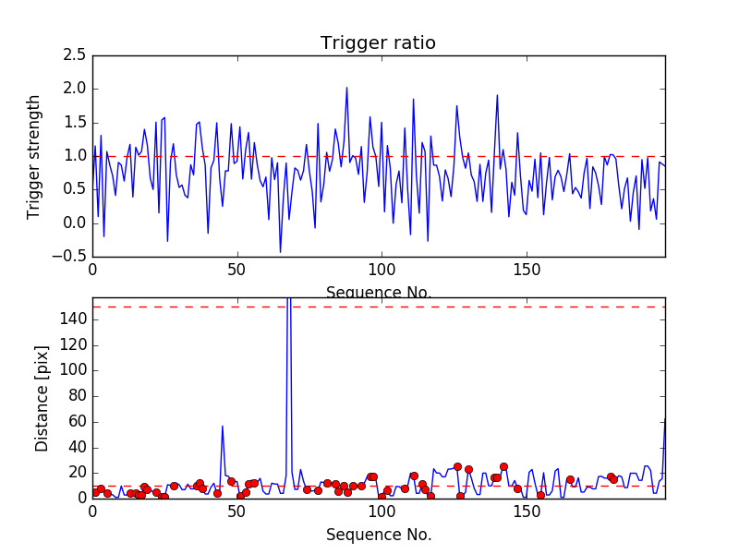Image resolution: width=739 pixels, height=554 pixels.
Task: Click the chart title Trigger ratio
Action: coord(378,43)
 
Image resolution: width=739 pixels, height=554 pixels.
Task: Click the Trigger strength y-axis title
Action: coord(34,156)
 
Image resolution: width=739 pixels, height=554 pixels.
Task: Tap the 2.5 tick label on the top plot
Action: coord(74,56)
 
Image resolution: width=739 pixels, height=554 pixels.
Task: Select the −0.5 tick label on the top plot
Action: coord(70,257)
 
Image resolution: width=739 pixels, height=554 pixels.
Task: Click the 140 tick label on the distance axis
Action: coord(72,319)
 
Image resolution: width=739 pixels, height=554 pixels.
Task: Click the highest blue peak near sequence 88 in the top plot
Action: coord(346,88)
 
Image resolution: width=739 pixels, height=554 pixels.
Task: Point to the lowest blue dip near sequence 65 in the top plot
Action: coord(280,251)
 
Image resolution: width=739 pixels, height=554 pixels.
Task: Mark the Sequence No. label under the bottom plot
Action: coord(378,535)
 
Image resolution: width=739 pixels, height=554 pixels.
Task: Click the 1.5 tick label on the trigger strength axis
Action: coord(74,123)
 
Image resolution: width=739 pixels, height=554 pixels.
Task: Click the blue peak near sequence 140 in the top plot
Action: coord(497,95)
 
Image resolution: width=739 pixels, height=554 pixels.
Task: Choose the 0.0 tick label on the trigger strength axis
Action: coord(74,223)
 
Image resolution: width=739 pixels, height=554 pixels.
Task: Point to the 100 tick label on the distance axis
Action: coord(72,370)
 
